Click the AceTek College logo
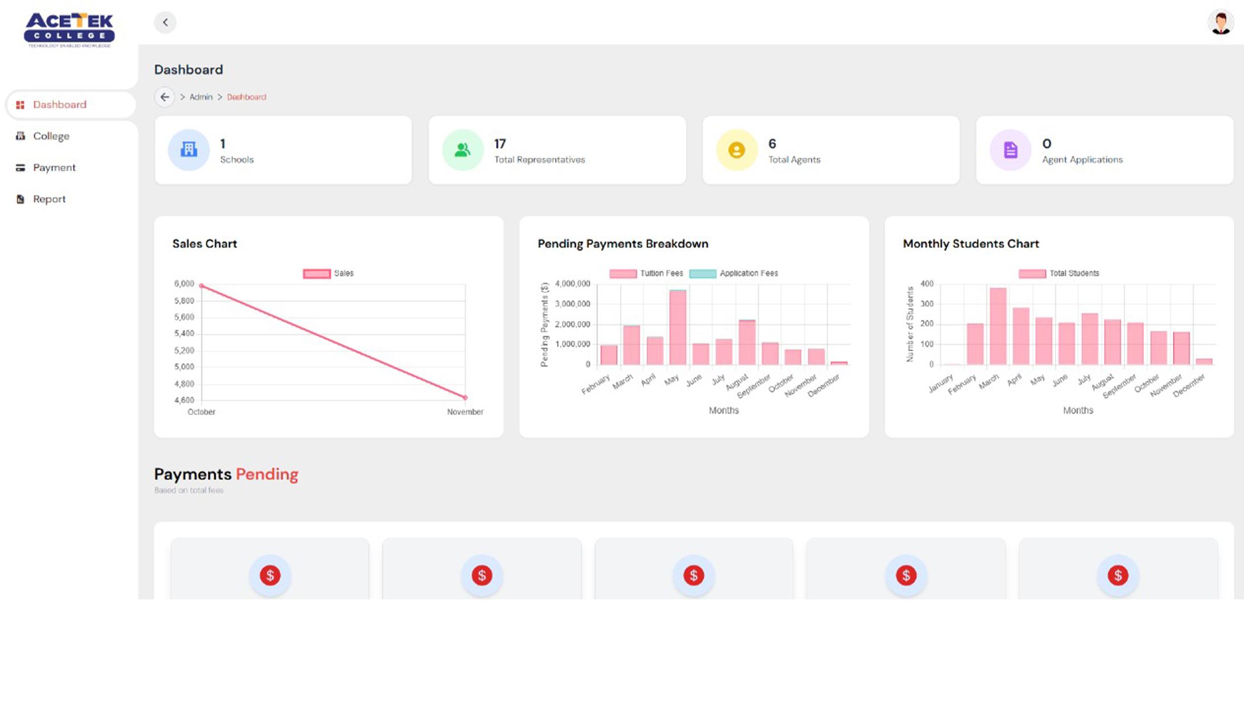coord(69,30)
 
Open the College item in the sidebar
coord(51,136)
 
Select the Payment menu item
coord(54,167)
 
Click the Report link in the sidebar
coord(49,199)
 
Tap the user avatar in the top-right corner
coord(1220,23)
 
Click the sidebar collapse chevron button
coord(165,23)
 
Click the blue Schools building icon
coord(189,150)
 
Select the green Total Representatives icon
coord(463,150)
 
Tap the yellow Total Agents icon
coord(736,150)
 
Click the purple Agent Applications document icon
coord(1010,150)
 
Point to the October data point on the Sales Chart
coord(202,286)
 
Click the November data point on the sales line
coord(465,397)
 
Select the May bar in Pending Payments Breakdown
coord(678,327)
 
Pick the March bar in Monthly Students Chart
coord(998,327)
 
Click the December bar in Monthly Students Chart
coord(1204,361)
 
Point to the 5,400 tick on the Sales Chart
coord(184,334)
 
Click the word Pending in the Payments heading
coord(267,474)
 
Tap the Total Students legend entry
coord(1059,274)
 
